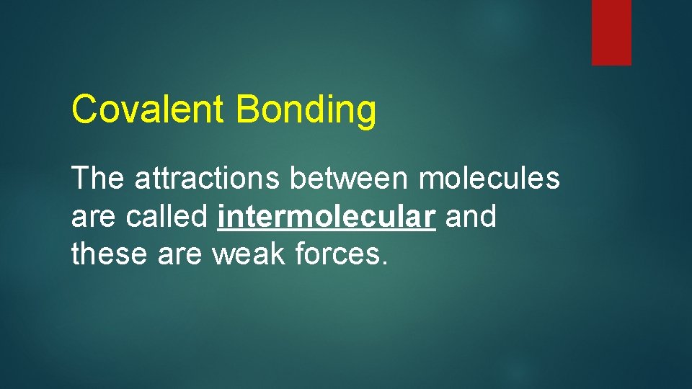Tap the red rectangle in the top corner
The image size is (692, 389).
[611, 32]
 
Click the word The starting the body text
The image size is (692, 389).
[98, 178]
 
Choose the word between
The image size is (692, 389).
[350, 178]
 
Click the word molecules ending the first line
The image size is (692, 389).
[489, 178]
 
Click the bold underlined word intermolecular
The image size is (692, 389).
[327, 216]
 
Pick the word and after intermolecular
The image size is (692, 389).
[471, 215]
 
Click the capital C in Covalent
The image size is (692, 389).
[84, 109]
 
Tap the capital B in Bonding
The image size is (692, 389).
[246, 109]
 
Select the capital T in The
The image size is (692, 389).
[80, 178]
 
